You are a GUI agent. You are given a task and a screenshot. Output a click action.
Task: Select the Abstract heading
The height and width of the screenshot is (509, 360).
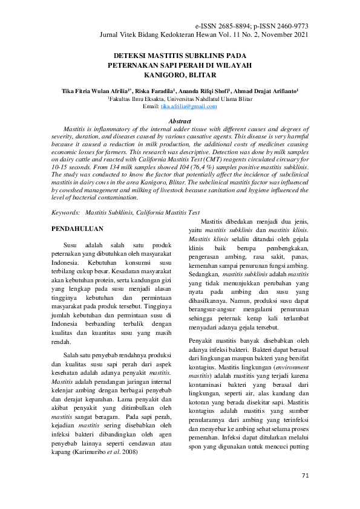(x=179, y=122)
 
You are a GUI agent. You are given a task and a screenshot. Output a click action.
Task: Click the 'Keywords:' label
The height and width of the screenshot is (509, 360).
(x=65, y=213)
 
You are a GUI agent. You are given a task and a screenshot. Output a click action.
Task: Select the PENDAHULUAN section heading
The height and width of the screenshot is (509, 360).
(x=77, y=230)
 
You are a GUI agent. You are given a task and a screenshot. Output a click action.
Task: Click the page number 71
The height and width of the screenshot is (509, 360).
(x=305, y=475)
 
